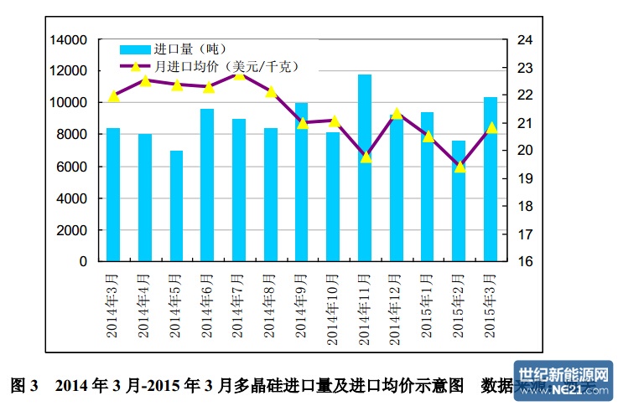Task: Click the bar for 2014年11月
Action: [365, 167]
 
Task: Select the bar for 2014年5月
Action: [176, 206]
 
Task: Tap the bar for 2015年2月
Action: [460, 201]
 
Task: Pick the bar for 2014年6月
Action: [207, 185]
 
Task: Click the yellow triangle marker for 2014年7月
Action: [239, 75]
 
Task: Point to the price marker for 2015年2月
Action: [460, 167]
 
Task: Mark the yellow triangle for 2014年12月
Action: [397, 114]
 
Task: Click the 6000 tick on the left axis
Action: [73, 167]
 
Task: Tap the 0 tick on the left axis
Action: [83, 261]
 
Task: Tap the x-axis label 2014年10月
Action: [334, 306]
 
